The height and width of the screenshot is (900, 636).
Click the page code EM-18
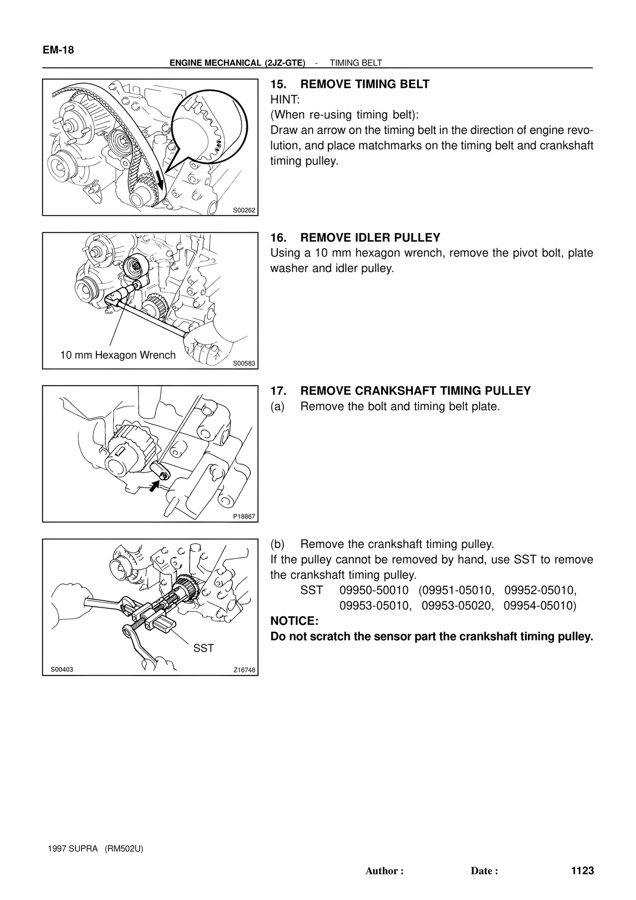58,50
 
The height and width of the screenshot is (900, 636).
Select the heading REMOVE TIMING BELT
365,84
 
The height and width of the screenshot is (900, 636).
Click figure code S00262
244,210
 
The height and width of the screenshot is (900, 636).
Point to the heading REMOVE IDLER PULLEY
371,238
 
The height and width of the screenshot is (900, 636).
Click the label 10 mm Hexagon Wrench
118,355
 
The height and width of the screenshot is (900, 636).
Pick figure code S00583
244,363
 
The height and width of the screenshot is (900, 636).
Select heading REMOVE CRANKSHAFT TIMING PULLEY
416,391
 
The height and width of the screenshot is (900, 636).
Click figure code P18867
244,516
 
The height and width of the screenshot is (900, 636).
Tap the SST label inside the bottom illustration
203,648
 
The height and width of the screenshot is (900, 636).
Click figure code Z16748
244,670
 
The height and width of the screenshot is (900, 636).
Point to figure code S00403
62,669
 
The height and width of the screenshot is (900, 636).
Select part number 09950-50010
374,590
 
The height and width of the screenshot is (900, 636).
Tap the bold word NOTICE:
294,621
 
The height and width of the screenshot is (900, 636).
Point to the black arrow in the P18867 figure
155,485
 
